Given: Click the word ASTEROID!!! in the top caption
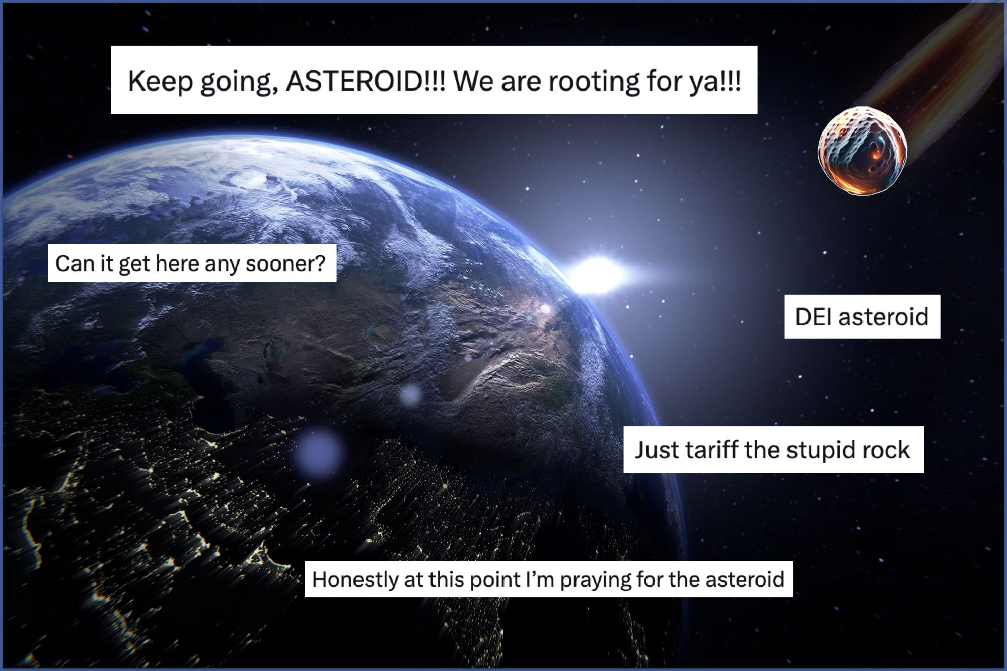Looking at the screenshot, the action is (x=366, y=81).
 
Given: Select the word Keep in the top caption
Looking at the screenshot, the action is (x=160, y=81).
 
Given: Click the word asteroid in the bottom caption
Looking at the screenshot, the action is (x=745, y=579).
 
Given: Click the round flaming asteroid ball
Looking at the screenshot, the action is (x=862, y=151).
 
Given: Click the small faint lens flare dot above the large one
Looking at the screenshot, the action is (x=410, y=394).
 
